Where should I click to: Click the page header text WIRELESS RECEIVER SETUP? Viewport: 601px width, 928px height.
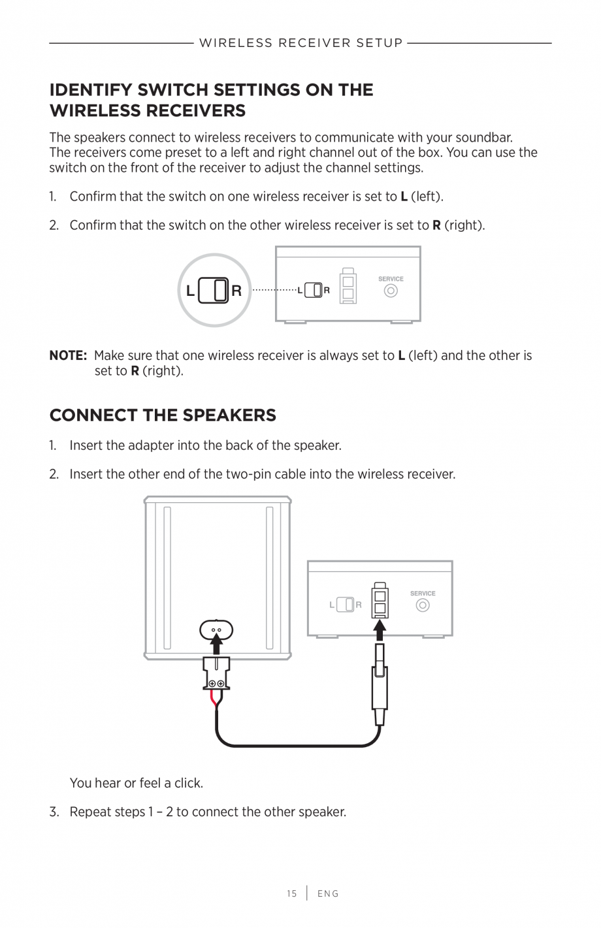[300, 43]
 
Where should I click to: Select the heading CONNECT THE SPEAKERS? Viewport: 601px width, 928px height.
[163, 415]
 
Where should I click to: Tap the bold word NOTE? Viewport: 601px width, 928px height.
[68, 356]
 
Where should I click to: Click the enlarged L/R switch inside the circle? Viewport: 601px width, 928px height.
[213, 291]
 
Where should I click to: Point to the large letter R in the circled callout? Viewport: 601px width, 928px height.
[236, 291]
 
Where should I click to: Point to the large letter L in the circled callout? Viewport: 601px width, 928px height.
[190, 291]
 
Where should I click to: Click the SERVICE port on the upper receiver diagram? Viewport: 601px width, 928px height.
[391, 291]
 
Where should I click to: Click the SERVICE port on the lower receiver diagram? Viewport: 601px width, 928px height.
[423, 605]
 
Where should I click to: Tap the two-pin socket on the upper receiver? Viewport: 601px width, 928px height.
[348, 287]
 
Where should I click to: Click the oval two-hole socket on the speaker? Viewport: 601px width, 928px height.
[216, 630]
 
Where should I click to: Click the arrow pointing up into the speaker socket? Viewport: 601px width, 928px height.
[216, 647]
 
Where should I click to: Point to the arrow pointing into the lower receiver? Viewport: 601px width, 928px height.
[380, 630]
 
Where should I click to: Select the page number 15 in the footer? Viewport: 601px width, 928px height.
[291, 894]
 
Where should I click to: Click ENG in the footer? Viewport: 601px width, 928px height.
[328, 894]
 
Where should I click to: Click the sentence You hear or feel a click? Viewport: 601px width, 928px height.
[136, 783]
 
